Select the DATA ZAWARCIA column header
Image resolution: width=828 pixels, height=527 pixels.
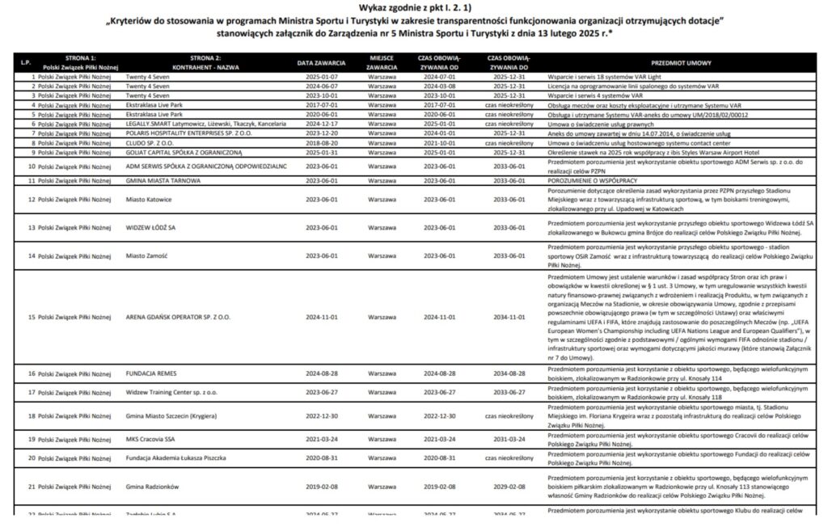tap(321, 61)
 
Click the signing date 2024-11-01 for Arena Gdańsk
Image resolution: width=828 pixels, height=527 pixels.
tap(321, 318)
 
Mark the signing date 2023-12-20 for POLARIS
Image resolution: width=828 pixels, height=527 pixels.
tap(321, 133)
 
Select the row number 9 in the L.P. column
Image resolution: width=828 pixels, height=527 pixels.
tap(33, 151)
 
